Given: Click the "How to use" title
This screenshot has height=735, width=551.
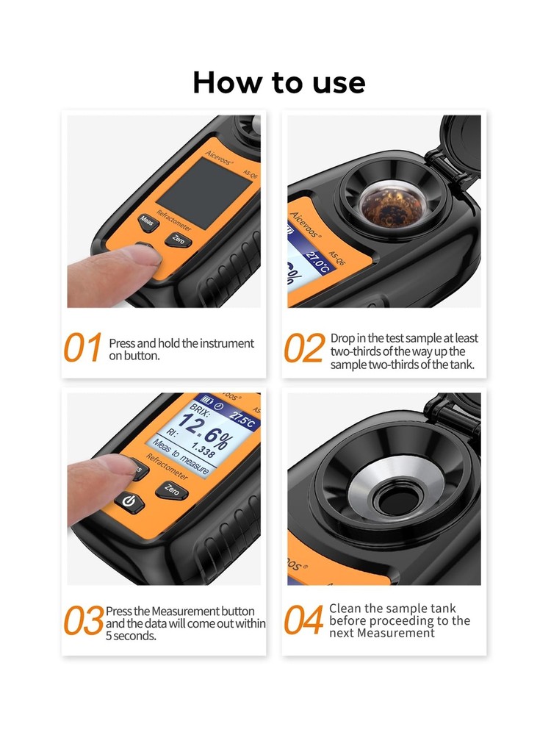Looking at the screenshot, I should [x=278, y=82].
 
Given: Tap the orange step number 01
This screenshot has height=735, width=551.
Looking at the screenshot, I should [x=82, y=348].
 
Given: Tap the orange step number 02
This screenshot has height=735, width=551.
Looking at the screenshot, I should [x=303, y=348].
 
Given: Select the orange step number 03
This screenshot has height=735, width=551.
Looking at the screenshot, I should [x=83, y=622].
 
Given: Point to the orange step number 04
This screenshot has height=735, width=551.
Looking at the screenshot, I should [x=303, y=621].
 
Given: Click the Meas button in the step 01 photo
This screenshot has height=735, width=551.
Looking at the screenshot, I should [x=147, y=220].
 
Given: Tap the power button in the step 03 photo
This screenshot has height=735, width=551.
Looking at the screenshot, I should [x=129, y=502].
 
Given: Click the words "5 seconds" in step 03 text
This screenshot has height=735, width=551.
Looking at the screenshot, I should [x=132, y=636].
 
